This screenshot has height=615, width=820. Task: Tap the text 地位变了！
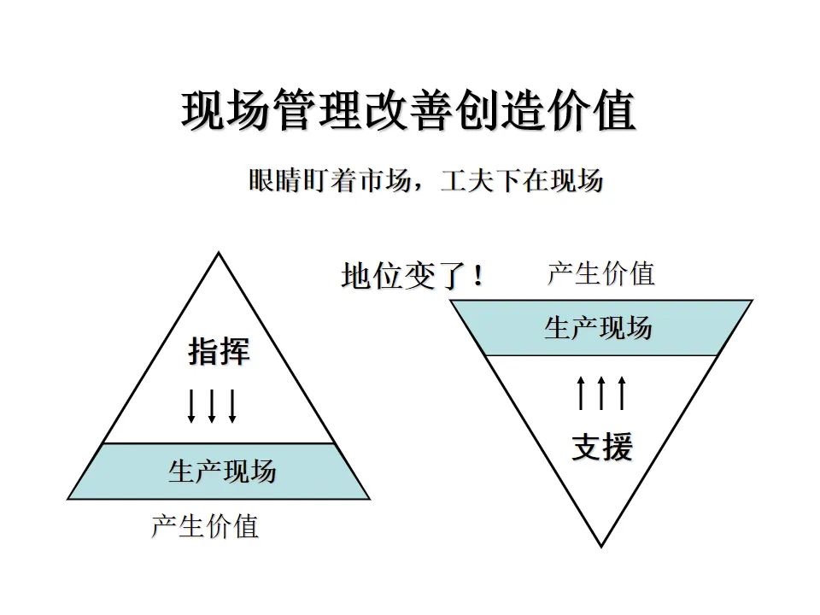click(x=413, y=277)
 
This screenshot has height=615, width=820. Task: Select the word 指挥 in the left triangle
click(x=219, y=352)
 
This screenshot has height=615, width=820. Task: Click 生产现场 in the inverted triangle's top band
click(x=598, y=328)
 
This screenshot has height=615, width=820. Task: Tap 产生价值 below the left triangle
click(x=205, y=525)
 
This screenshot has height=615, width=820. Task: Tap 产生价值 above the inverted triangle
click(x=600, y=273)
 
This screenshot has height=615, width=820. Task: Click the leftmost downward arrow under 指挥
click(x=191, y=407)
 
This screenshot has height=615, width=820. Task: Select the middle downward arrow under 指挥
click(x=212, y=407)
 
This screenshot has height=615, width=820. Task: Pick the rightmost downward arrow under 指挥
click(x=231, y=407)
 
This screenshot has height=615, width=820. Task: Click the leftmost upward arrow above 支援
click(x=581, y=392)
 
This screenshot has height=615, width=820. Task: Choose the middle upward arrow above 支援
click(x=601, y=392)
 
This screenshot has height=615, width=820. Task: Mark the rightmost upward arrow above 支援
click(x=622, y=392)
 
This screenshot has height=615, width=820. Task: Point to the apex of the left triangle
click(x=219, y=254)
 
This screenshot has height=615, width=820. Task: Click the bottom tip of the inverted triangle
click(x=601, y=545)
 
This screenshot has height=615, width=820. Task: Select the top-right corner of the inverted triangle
click(x=751, y=301)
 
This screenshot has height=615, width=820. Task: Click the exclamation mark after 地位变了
click(x=477, y=277)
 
